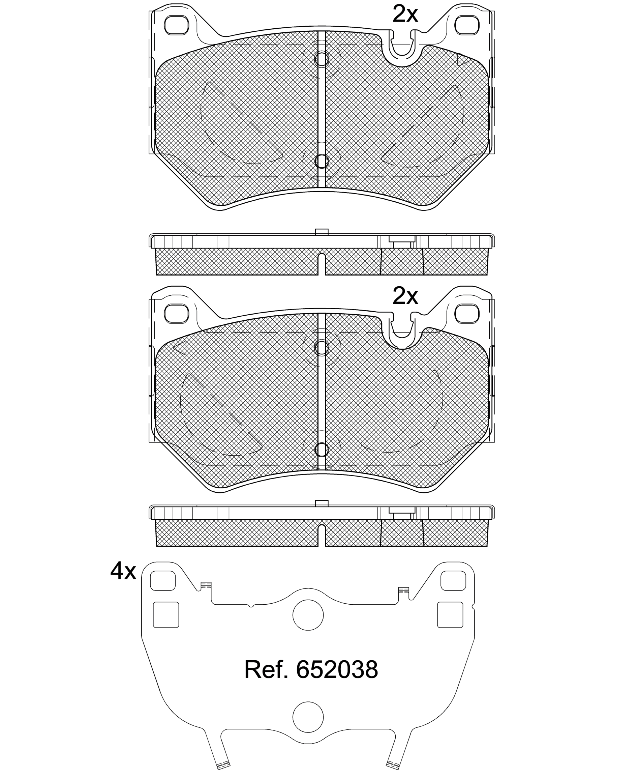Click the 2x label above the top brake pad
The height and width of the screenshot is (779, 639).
[x=405, y=15]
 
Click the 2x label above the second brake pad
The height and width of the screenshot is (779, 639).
[x=405, y=296]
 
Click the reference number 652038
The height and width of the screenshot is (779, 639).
[x=337, y=669]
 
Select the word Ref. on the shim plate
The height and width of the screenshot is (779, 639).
[x=266, y=669]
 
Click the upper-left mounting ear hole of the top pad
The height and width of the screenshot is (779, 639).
[x=176, y=25]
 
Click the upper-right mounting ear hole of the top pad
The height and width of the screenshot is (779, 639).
[x=467, y=25]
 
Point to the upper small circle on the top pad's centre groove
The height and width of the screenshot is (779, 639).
[x=322, y=59]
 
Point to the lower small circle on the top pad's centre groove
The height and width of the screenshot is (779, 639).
[x=322, y=161]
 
